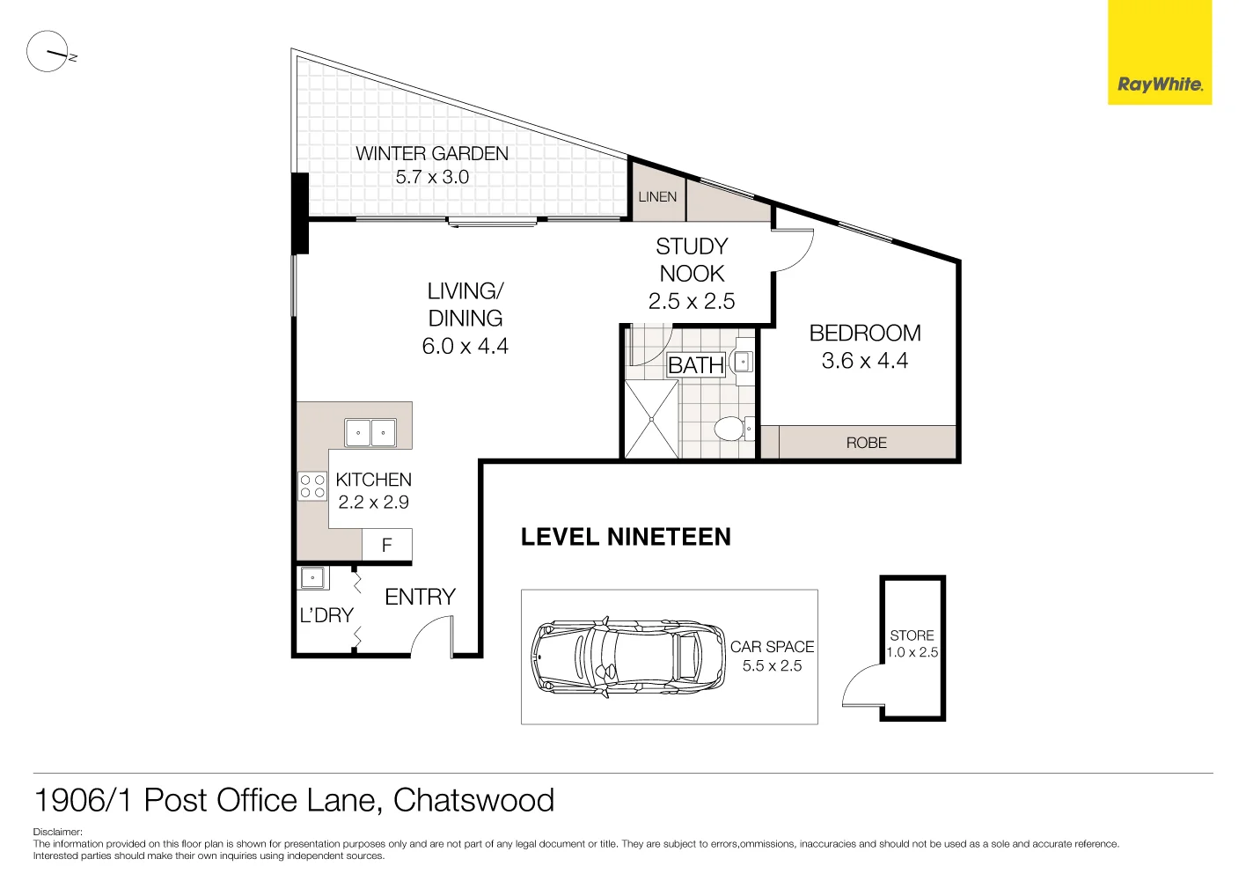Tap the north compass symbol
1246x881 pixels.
pyautogui.click(x=48, y=52)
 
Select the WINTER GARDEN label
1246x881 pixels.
pyautogui.click(x=431, y=154)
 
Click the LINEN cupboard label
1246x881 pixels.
pyautogui.click(x=657, y=197)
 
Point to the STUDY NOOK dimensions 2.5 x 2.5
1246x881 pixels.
pyautogui.click(x=692, y=302)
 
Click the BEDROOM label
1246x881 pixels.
pyautogui.click(x=865, y=334)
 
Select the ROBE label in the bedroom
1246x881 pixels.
pyautogui.click(x=866, y=443)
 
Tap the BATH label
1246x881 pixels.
pyautogui.click(x=695, y=365)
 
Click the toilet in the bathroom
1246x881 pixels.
pyautogui.click(x=730, y=429)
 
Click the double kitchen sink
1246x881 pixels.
pyautogui.click(x=370, y=433)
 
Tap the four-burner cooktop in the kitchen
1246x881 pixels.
pyautogui.click(x=312, y=487)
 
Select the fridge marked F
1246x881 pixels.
pyautogui.click(x=386, y=546)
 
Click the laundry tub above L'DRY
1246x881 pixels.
pyautogui.click(x=313, y=578)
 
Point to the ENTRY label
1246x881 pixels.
pyautogui.click(x=420, y=598)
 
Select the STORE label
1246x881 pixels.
pyautogui.click(x=912, y=635)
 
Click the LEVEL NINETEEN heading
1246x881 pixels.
pyautogui.click(x=626, y=537)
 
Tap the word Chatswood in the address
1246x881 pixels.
pyautogui.click(x=473, y=800)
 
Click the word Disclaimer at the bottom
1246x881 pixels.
pyautogui.click(x=57, y=832)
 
